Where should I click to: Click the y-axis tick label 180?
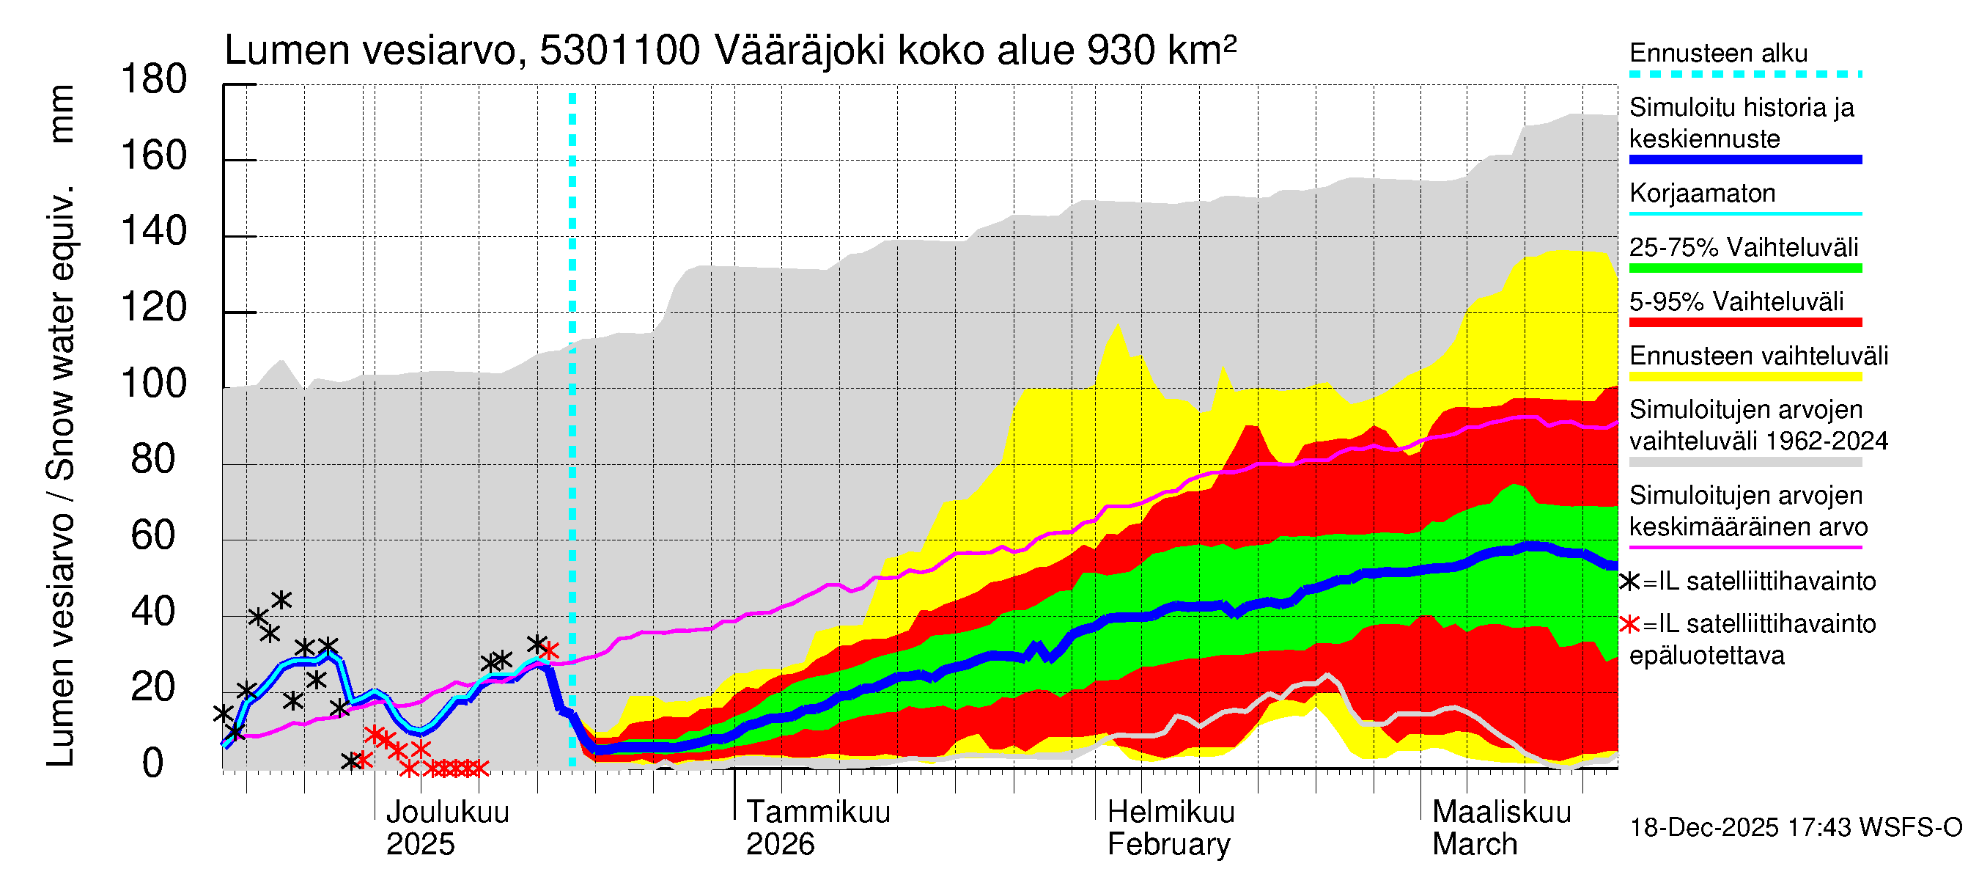click(x=154, y=80)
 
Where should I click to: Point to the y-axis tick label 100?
click(x=154, y=384)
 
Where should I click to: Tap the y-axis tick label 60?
click(x=154, y=535)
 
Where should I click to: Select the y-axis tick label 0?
click(x=154, y=763)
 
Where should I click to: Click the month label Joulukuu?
click(x=447, y=813)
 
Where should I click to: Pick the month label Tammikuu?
click(x=817, y=813)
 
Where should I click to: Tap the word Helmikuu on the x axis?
click(x=1170, y=813)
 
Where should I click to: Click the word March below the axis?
click(x=1474, y=845)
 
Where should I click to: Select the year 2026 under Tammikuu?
click(x=780, y=845)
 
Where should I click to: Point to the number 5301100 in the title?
click(x=619, y=51)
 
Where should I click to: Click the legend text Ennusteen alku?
click(x=1718, y=53)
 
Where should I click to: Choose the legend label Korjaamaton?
click(x=1702, y=193)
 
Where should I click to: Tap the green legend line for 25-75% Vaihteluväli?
click(x=1744, y=268)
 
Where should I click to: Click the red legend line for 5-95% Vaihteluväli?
click(x=1744, y=323)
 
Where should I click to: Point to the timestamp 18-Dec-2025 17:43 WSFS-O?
click(x=1795, y=828)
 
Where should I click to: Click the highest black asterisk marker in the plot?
click(x=281, y=599)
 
